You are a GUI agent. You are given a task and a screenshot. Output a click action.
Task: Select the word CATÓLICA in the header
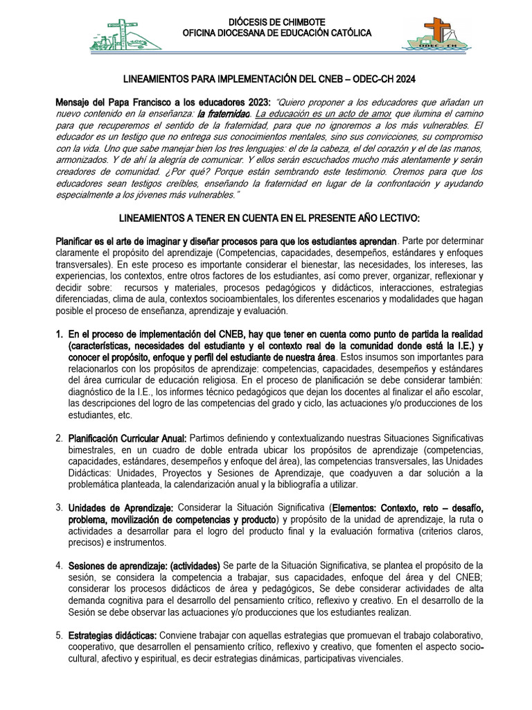tap(344, 33)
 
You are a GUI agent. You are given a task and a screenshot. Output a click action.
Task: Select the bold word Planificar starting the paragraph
tap(78, 241)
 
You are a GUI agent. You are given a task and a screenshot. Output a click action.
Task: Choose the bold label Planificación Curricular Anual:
tap(127, 438)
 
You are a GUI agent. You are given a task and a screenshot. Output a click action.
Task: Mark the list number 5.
tap(59, 636)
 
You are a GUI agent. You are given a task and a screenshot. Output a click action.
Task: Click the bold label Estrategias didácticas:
tap(113, 636)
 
